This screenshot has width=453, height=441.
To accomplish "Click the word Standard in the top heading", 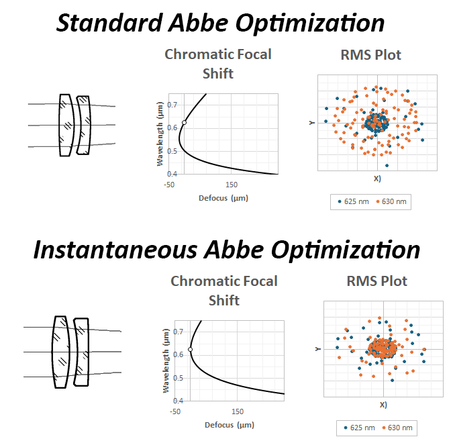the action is tap(109, 23).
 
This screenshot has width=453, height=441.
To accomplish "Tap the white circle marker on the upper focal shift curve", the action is tap(184, 123).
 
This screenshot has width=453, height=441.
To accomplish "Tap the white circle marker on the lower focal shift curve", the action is tap(190, 350).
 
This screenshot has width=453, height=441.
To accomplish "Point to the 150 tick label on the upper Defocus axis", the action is tap(232, 185).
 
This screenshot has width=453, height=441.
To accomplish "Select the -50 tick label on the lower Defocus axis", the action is tap(175, 411).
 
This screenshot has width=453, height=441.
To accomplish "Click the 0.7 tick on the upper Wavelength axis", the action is tap(172, 105).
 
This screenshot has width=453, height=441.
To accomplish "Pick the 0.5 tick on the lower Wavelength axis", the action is tap(178, 378).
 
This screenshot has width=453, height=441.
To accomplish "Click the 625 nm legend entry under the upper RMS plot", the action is tap(353, 201).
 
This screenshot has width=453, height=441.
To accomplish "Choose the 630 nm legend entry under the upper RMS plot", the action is tap(391, 201).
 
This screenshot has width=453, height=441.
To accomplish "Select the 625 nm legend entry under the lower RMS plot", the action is tap(360, 428).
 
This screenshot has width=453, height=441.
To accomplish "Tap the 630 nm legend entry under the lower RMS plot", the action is tap(397, 428).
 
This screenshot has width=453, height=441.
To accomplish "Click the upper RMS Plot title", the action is tap(370, 55).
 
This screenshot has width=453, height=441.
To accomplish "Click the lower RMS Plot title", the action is tap(376, 281).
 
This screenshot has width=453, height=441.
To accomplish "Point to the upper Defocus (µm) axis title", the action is tap(223, 198).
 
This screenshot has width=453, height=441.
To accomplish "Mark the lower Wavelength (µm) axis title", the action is tap(166, 360).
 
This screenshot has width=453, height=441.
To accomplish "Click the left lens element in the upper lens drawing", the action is tap(66, 125).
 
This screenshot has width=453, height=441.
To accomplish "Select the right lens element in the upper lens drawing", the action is tap(84, 125).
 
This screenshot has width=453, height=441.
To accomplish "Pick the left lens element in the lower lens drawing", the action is tap(61, 352).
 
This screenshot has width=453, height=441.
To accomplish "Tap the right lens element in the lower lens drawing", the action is tap(81, 352).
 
